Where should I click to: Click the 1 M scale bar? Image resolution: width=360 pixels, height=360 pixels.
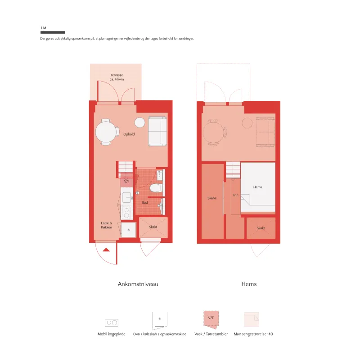(x=53, y=32)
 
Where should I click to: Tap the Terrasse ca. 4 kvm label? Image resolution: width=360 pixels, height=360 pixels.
(x=117, y=77)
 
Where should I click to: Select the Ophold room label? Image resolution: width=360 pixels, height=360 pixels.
(x=129, y=134)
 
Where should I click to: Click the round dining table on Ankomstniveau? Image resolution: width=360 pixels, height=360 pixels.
(x=106, y=132)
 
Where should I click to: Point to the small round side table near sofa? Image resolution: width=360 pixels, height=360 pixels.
(x=139, y=122)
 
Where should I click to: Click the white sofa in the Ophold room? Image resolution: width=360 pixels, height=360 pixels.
(x=157, y=131)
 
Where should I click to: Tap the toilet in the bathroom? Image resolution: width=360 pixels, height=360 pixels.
(x=156, y=188)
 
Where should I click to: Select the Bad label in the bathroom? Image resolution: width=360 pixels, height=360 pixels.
(x=145, y=203)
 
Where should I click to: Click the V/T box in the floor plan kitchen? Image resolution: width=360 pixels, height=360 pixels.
(x=127, y=182)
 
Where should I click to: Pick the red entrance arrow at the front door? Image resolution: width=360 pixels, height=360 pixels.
(x=106, y=250)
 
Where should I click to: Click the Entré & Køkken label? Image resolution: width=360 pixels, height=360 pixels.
(x=107, y=225)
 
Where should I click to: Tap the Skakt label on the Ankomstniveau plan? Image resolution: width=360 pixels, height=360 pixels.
(x=153, y=227)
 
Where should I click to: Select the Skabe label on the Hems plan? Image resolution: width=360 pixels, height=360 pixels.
(x=212, y=198)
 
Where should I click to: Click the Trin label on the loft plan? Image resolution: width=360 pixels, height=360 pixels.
(x=235, y=195)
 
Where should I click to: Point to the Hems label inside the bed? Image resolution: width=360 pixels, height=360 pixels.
(x=257, y=187)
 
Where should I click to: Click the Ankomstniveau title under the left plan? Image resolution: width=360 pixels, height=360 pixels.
(x=138, y=284)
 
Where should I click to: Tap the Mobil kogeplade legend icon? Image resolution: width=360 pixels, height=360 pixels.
(x=112, y=323)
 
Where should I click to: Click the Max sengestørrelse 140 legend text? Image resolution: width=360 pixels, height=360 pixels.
(x=253, y=334)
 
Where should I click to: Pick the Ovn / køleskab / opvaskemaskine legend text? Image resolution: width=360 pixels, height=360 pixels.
(x=160, y=334)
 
